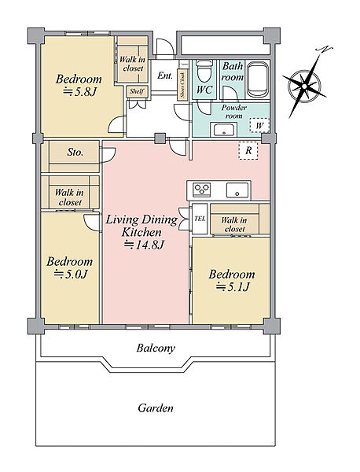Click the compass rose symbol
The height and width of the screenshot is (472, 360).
click(x=304, y=87)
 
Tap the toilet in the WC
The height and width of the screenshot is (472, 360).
click(x=204, y=71)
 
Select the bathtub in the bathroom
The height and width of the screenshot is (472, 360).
click(x=258, y=79)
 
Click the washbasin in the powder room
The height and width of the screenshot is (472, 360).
click(x=224, y=130)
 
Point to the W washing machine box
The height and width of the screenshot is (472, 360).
click(x=259, y=125)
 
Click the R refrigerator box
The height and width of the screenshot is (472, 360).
click(x=248, y=150)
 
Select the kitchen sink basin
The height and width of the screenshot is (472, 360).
click(x=237, y=190)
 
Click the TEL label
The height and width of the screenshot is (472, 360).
click(x=200, y=219)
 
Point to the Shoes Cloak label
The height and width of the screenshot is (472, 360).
click(x=182, y=85)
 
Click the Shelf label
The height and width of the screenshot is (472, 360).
click(x=137, y=91)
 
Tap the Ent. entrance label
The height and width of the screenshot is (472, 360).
click(x=165, y=76)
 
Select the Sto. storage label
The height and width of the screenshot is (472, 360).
click(x=75, y=153)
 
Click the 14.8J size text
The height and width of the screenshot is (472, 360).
click(x=145, y=245)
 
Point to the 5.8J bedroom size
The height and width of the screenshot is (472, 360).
click(x=79, y=91)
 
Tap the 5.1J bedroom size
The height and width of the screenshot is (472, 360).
click(x=233, y=287)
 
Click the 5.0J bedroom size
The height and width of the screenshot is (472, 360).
click(x=71, y=274)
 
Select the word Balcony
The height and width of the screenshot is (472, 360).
click(x=156, y=348)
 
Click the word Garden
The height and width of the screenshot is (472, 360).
click(x=156, y=408)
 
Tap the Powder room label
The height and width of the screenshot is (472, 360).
click(x=234, y=112)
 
